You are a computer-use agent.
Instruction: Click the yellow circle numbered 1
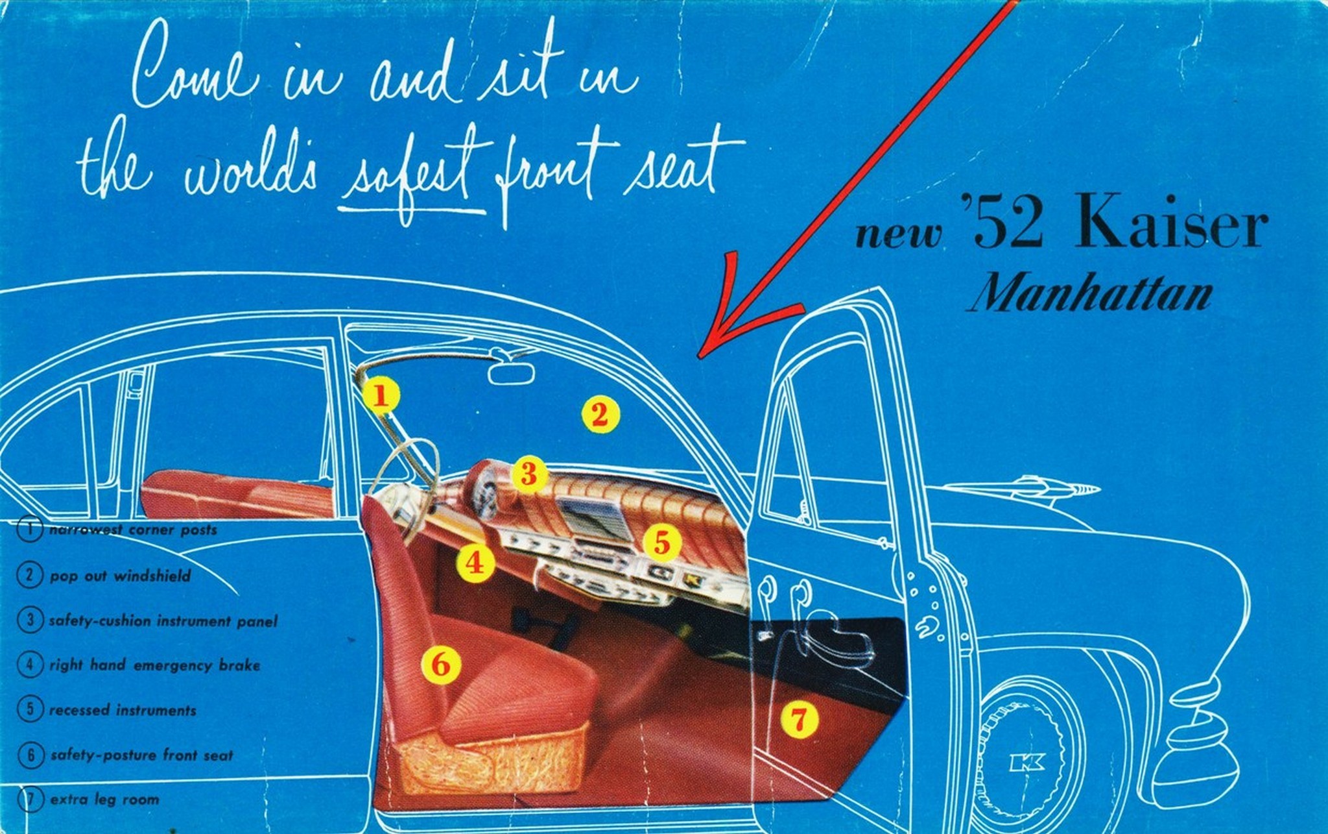(381, 396)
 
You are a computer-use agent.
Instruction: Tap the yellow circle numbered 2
(600, 414)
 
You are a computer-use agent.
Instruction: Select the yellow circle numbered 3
(529, 474)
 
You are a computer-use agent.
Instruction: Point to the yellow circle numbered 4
(475, 562)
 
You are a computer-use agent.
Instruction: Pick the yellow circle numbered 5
(662, 543)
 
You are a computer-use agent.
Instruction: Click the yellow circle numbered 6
(441, 665)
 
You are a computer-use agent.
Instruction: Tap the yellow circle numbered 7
(799, 719)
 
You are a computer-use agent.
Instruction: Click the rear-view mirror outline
(512, 373)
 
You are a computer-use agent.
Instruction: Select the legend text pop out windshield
(120, 576)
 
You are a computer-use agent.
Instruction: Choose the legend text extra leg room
(104, 800)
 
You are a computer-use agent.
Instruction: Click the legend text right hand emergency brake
(155, 665)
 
